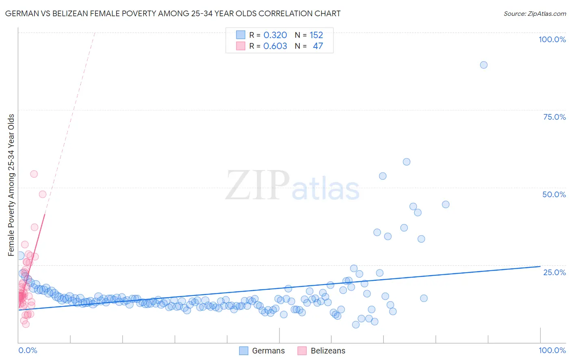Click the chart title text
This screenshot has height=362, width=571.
pos(173,13)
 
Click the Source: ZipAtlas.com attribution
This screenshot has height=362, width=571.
pos(534,13)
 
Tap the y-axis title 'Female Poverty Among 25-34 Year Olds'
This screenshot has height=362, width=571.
pos(11,185)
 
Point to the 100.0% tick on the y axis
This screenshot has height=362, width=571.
pos(552,39)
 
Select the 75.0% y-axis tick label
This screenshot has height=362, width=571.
pos(554,117)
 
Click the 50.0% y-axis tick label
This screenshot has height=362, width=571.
pos(554,194)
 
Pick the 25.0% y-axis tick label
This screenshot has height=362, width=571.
pos(554,272)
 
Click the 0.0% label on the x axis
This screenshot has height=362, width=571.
pos(28,350)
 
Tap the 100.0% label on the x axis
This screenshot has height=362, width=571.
pos(552,350)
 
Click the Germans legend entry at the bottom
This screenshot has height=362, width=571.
pos(262,351)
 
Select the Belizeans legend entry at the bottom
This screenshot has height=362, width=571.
pos(321,351)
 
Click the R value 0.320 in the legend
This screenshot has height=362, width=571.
pos(275,35)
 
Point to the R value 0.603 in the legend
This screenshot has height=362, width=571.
pos(275,46)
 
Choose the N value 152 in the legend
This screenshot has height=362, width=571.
pos(316,35)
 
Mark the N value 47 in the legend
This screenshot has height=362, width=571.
pos(318,46)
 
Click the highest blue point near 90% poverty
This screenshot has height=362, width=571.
pos(483,65)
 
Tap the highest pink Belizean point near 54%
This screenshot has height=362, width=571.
pos(34,174)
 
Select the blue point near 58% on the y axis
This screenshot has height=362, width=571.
pos(406,162)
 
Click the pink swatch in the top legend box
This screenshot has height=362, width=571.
pos(241,46)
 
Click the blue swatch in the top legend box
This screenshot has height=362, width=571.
pos(241,35)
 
